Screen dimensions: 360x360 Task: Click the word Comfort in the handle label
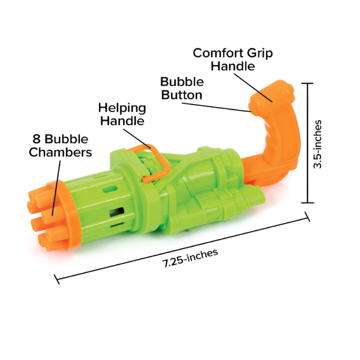coord(215,53)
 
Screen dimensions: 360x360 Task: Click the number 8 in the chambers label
coord(36,139)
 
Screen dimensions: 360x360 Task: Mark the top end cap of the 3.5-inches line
coord(307,83)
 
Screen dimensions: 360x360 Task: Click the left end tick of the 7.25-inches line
coord(56,279)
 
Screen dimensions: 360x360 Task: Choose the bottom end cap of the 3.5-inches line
coord(307,203)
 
